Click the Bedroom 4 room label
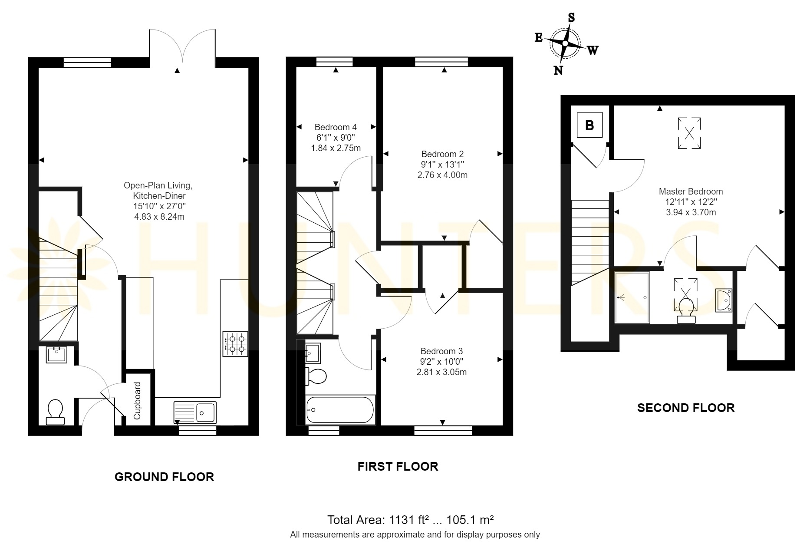coord(336,127)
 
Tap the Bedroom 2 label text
coord(442,154)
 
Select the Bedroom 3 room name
coord(441,351)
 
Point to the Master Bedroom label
coord(691,191)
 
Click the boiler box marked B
coord(589,125)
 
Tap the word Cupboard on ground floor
coord(137,401)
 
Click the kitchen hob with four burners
coord(235,344)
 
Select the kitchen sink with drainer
coord(195,412)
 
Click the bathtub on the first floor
coord(340,410)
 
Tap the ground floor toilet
coord(55,412)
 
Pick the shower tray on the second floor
coord(632,297)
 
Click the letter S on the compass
coord(571,17)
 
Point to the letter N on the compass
coord(558,70)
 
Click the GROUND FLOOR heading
coord(164,477)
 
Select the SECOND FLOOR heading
coord(686,408)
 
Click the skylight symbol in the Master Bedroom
coord(689,133)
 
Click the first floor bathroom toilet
coord(316,376)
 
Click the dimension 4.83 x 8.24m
coord(159,217)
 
